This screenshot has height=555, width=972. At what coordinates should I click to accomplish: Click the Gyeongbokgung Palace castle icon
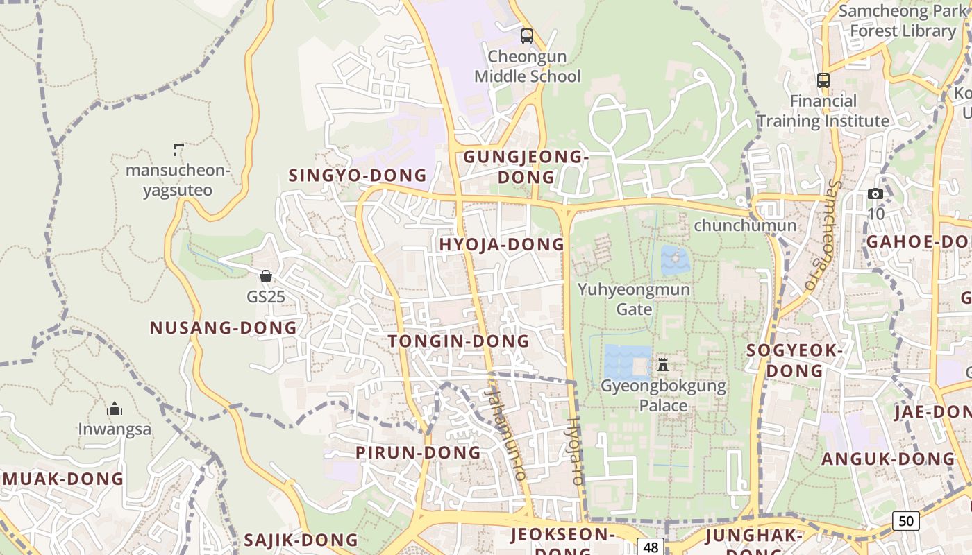tap(663, 364)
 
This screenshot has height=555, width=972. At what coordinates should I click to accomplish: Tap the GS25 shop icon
tap(265, 276)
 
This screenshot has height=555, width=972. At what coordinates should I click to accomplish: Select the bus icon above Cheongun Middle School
tap(527, 36)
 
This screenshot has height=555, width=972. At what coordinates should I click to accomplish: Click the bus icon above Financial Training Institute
tap(823, 80)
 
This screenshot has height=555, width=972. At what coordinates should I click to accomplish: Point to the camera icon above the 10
tap(875, 194)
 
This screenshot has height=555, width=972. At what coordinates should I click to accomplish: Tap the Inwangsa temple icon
tap(115, 409)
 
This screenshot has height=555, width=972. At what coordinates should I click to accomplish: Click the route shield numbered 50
tap(905, 520)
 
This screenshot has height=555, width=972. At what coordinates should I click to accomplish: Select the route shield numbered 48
tap(651, 547)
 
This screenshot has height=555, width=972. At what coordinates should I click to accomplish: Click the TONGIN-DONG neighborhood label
tap(458, 341)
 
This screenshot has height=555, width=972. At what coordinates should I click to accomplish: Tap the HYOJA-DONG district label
tap(502, 244)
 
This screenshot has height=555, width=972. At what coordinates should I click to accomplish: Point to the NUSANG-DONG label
tap(224, 328)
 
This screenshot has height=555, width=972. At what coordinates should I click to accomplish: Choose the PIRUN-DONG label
tap(418, 453)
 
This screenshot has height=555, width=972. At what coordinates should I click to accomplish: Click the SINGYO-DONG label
tap(358, 175)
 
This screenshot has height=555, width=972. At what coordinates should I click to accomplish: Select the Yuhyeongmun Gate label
tap(634, 299)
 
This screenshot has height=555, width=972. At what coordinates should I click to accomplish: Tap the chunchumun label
tap(745, 225)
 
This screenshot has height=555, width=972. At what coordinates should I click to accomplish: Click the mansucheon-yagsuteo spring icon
tap(178, 149)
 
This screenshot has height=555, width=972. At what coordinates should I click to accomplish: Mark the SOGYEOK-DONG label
tap(794, 361)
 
